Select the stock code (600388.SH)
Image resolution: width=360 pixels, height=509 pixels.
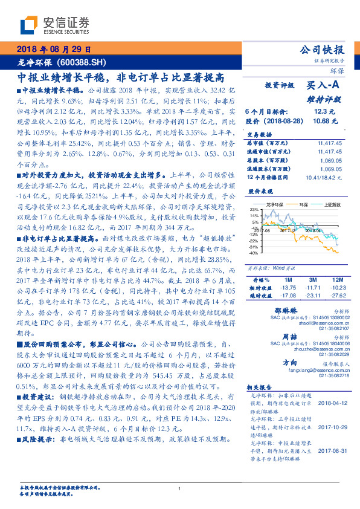coord(85,62)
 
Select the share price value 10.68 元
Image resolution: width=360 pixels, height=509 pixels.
coord(321,121)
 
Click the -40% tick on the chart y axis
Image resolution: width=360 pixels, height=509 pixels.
coord(253,253)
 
